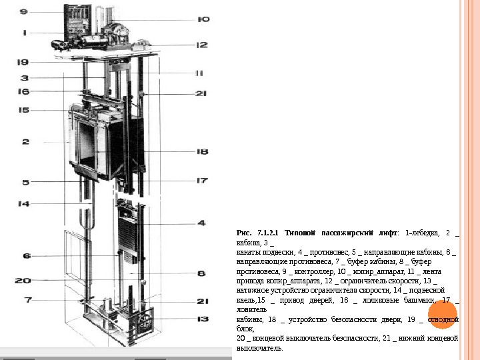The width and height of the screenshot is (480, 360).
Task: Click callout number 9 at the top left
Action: tap(24, 12)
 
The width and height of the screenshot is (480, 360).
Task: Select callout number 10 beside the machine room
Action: tap(203, 19)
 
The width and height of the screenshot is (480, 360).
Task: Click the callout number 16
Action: tap(23, 91)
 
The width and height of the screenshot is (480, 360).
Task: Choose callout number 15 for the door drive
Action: tap(23, 111)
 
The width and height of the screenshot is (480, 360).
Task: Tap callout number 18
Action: tap(202, 152)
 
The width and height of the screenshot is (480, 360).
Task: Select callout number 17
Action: tap(202, 180)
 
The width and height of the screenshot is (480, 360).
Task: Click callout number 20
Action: tap(23, 281)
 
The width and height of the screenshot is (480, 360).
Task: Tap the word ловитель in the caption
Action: tap(252, 310)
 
